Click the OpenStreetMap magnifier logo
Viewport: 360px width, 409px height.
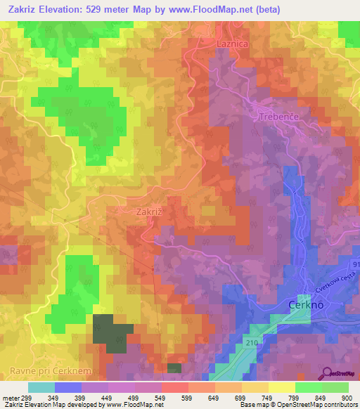pos(326,372)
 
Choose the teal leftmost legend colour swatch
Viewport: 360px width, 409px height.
pos(41,387)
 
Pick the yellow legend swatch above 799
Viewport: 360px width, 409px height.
pos(281,387)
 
